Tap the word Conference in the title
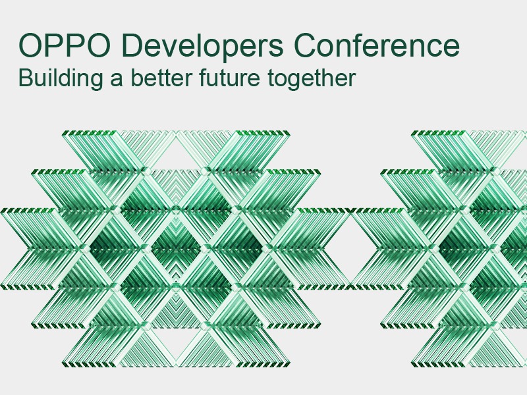pos(377,45)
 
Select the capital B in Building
pos(24,78)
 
